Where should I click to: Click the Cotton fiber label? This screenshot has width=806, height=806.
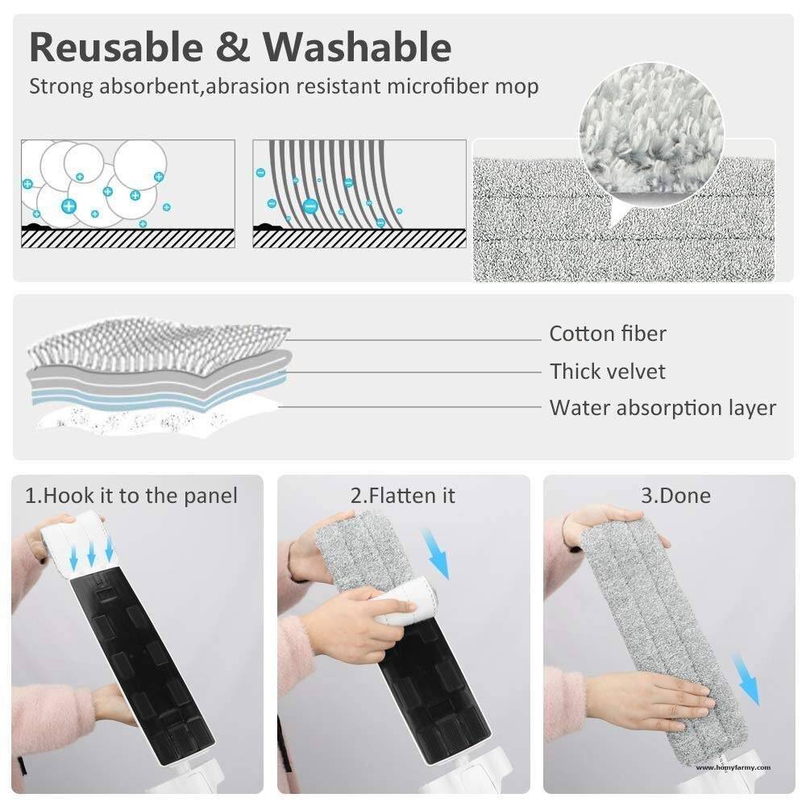click(608, 334)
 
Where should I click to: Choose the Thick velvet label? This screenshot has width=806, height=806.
click(608, 372)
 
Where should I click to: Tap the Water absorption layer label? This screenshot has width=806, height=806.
click(662, 408)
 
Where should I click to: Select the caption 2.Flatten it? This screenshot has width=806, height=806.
click(403, 496)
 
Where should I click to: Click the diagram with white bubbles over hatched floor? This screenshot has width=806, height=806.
click(127, 193)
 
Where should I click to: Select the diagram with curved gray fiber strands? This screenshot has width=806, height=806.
click(359, 193)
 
